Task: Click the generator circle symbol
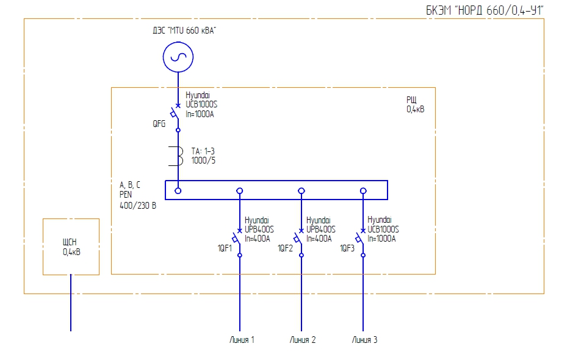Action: pyautogui.click(x=178, y=57)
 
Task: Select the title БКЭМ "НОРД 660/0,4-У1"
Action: pyautogui.click(x=484, y=10)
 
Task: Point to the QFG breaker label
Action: pyautogui.click(x=159, y=123)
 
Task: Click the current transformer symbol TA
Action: pyautogui.click(x=179, y=156)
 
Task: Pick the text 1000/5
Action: pyautogui.click(x=203, y=161)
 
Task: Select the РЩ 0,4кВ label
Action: pyautogui.click(x=416, y=105)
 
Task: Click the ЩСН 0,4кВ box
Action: pyautogui.click(x=71, y=247)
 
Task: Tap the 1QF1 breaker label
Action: pyautogui.click(x=226, y=248)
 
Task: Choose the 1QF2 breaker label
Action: pyautogui.click(x=286, y=248)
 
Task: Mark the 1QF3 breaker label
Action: pyautogui.click(x=348, y=248)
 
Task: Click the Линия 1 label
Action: pyautogui.click(x=240, y=340)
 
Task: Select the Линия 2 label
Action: pyautogui.click(x=302, y=340)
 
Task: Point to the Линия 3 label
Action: pyautogui.click(x=364, y=340)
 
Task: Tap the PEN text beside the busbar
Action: pyautogui.click(x=126, y=195)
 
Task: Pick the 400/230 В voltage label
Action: pyautogui.click(x=138, y=206)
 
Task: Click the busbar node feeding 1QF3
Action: pyautogui.click(x=363, y=190)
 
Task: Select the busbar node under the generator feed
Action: pyautogui.click(x=178, y=190)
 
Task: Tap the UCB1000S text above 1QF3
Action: pyautogui.click(x=383, y=229)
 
